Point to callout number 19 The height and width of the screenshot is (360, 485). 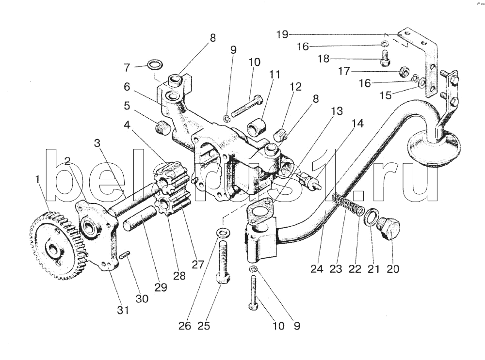[x=282, y=34]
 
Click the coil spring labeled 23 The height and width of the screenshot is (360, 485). [x=345, y=203]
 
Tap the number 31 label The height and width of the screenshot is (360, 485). [x=123, y=311]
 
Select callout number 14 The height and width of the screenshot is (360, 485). [x=357, y=124]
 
